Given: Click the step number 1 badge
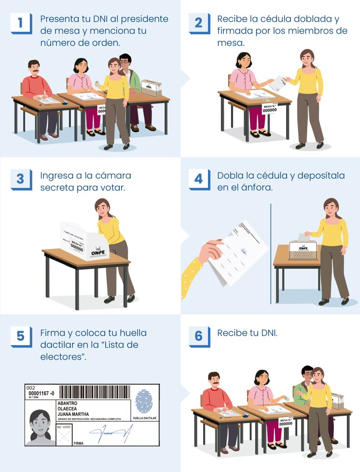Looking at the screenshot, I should coord(20,23).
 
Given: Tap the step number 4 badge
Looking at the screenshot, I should coord(198,179).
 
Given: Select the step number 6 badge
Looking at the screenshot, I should coord(198,336).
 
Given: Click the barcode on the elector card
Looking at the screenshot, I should coord(94,391).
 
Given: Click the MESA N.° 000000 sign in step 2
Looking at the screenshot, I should coord(270,108).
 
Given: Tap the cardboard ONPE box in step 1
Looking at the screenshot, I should coord(151,88).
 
